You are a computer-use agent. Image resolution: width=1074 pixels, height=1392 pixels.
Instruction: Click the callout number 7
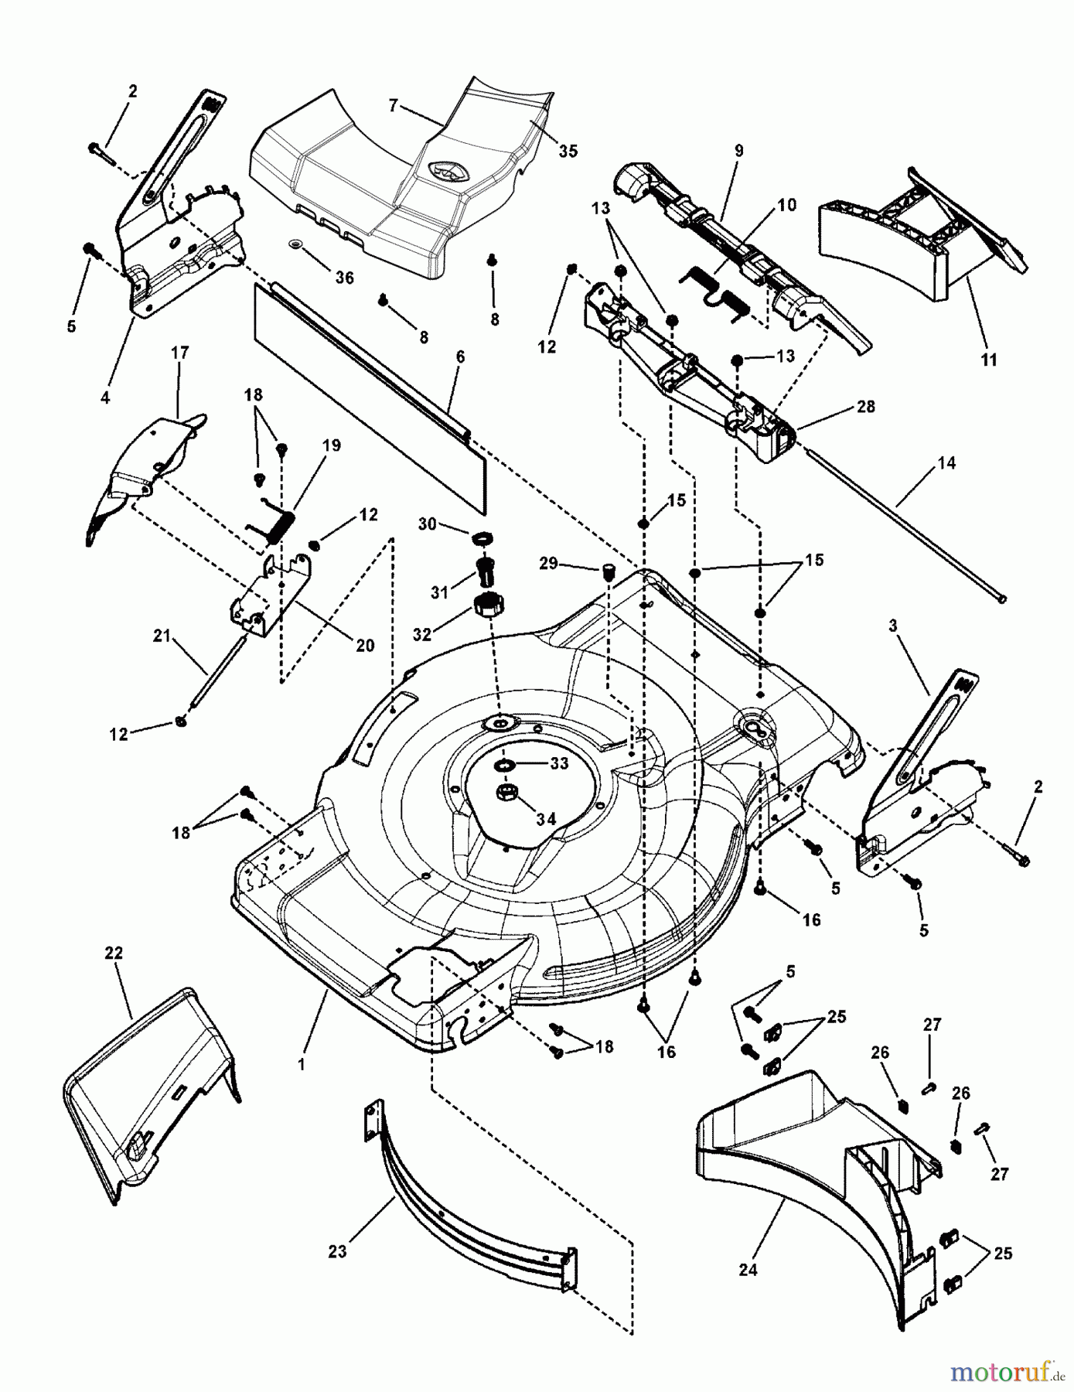click(393, 105)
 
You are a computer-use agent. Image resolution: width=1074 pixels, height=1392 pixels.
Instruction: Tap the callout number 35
click(568, 152)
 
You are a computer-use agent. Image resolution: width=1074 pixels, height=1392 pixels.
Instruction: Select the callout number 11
click(989, 360)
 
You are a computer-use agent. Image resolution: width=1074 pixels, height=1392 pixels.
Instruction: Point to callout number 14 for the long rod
click(946, 463)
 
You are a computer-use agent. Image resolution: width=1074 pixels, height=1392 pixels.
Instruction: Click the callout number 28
click(866, 407)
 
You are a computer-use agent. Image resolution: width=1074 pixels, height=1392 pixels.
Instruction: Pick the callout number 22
click(114, 954)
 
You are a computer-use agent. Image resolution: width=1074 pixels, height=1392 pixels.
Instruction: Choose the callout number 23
click(337, 1250)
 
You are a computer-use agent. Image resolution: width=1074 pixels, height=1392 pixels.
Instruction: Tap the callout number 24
click(748, 1269)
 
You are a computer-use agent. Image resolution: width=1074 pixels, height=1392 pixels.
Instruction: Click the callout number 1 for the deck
click(302, 1064)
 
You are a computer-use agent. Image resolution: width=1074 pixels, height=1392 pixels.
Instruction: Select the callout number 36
click(344, 278)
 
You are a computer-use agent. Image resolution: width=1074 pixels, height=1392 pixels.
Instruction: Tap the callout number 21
click(162, 636)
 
